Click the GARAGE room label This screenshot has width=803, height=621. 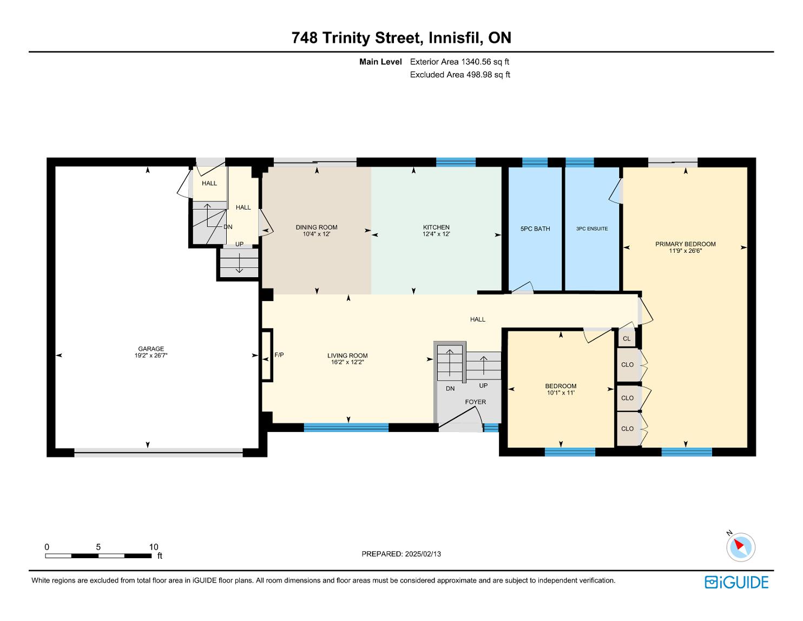pos(151,349)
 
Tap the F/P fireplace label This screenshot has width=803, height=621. pos(279,355)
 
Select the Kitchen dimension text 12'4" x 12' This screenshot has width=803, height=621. pos(436,234)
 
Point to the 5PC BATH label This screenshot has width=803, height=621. pos(535,229)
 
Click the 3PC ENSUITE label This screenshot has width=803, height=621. pos(592,229)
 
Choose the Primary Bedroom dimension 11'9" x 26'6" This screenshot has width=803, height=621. pos(686,251)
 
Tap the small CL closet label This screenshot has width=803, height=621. pos(627,338)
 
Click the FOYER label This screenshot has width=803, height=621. pos(476,402)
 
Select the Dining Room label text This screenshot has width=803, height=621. pos(317,227)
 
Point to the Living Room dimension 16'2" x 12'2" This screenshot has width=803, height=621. pos(347,362)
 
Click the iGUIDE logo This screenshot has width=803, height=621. pos(736,582)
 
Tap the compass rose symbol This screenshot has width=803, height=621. pos(741,547)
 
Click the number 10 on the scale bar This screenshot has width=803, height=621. pos(154,547)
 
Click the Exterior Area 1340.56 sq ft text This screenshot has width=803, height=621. pos(459,62)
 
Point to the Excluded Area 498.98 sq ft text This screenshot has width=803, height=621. pos(460,75)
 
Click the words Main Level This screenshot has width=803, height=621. pos(380,62)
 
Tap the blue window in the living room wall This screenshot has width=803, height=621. pos(346,427)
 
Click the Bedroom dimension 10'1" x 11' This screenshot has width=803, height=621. pos(561,393)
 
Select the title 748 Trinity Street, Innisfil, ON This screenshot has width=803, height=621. pos(401,38)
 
